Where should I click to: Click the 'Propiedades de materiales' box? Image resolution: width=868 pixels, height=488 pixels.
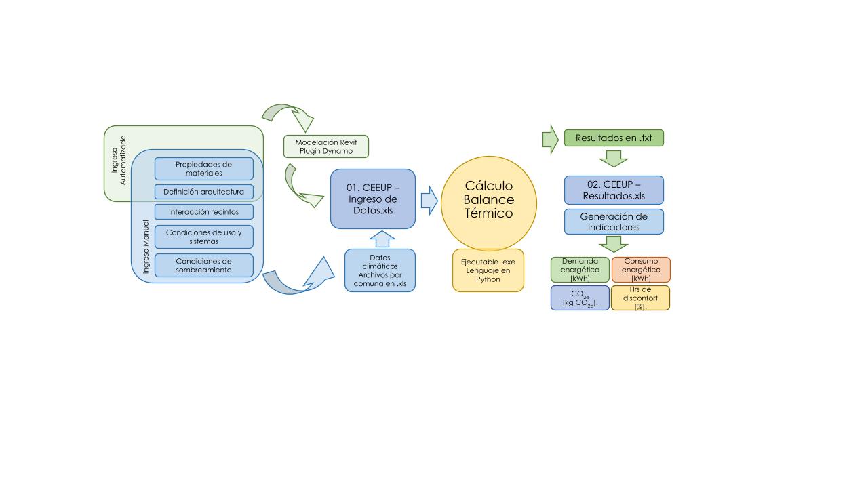(x=203, y=169)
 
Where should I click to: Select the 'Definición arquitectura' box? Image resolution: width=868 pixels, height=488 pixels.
(x=203, y=192)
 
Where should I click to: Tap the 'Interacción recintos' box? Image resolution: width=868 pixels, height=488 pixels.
(x=203, y=212)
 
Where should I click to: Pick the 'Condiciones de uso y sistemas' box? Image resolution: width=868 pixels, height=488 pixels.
(x=203, y=237)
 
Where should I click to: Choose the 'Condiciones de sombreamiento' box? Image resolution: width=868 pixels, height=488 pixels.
(x=203, y=265)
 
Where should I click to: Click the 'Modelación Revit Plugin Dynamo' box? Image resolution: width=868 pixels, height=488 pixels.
(x=325, y=146)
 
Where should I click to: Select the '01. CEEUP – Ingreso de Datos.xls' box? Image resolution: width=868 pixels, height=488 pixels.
(x=372, y=199)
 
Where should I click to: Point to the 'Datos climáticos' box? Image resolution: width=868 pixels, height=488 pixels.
(x=380, y=270)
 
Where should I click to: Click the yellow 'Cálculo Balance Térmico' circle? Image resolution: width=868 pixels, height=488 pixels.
(x=488, y=203)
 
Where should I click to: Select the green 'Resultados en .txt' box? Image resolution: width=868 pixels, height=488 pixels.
(x=614, y=138)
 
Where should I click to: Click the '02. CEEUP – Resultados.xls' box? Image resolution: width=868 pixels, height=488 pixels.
(x=614, y=190)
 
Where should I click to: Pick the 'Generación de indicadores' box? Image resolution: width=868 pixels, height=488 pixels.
(x=614, y=222)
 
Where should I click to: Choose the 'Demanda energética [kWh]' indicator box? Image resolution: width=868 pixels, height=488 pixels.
(x=580, y=270)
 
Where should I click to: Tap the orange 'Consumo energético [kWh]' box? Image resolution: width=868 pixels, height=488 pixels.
(x=641, y=270)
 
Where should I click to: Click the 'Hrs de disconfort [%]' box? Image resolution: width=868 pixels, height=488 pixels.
(x=640, y=298)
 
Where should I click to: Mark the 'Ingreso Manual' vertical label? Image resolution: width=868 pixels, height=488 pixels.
(x=146, y=247)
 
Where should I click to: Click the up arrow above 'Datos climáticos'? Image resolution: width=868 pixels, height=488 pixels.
(x=383, y=239)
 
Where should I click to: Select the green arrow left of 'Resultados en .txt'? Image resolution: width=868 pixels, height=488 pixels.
(x=550, y=139)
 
